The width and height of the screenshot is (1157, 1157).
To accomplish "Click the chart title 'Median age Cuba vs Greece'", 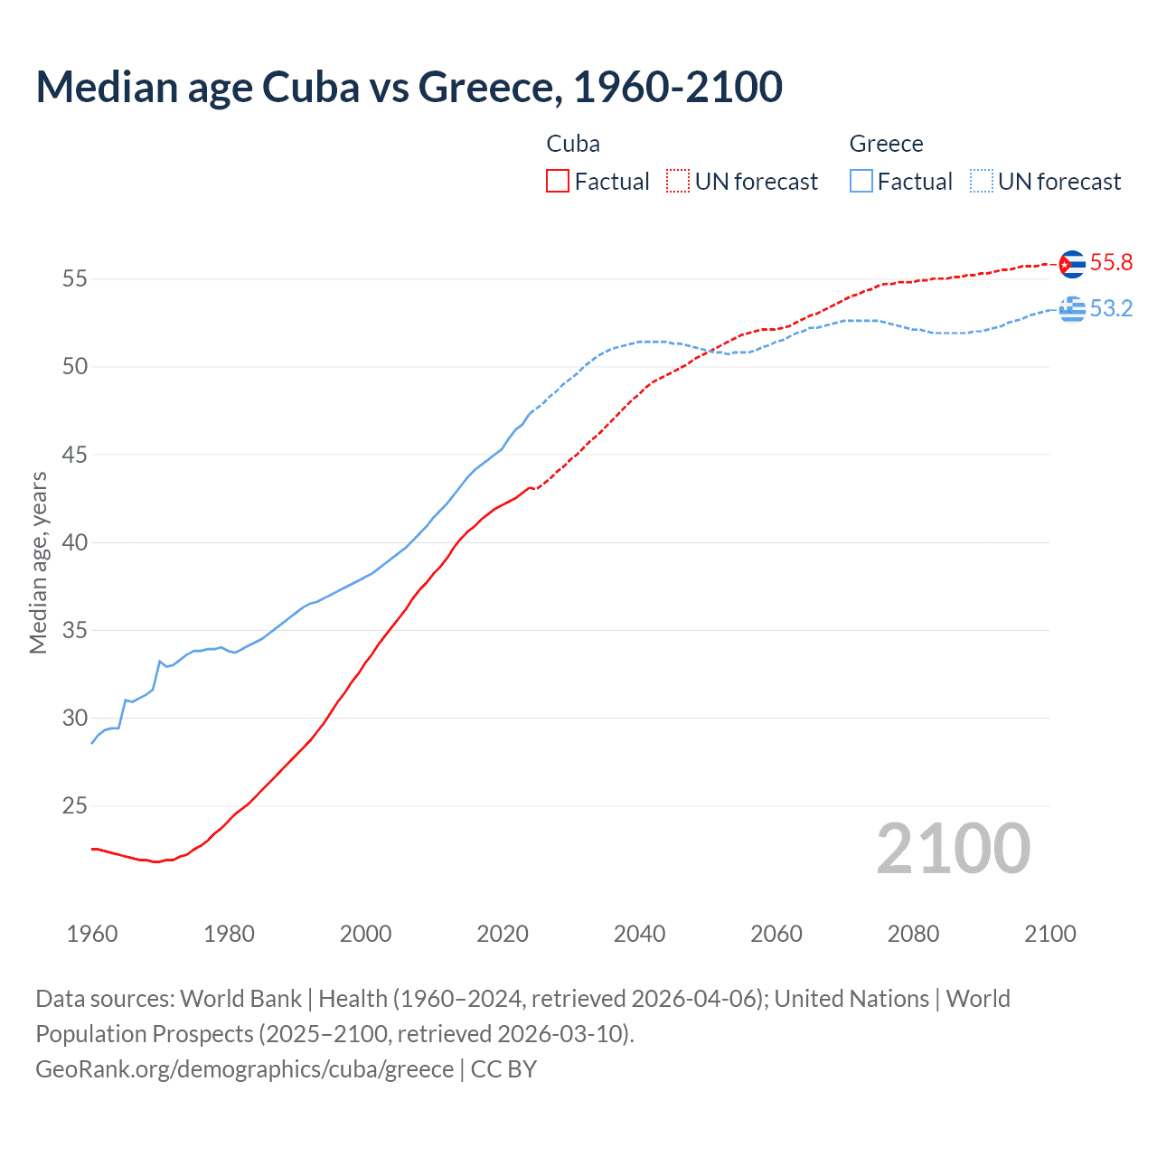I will coord(409,87).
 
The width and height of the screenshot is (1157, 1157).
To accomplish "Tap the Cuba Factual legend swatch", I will coord(558,182).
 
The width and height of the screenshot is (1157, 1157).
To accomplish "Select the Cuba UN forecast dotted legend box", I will coord(678,182).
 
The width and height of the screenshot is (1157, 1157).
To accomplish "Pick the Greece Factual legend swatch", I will coord(861,182).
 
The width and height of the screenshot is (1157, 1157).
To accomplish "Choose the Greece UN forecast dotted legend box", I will coord(981,182).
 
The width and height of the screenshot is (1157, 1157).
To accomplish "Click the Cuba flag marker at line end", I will coord(1071,264).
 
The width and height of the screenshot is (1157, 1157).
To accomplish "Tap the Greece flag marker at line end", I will coord(1072,309).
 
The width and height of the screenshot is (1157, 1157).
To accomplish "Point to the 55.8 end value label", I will coord(1111,263).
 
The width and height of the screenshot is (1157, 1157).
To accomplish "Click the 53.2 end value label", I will coord(1111,309).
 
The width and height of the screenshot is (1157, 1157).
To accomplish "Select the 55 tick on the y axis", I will coord(74,279).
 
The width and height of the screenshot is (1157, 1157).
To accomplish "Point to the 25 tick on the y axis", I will coord(74,806).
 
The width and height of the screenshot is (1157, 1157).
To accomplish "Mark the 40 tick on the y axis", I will coord(74,543).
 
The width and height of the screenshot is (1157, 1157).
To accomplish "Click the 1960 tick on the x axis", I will coord(92,935).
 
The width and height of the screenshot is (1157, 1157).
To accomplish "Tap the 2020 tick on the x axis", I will coord(503,935).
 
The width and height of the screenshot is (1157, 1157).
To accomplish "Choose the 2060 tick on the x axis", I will coord(776,935).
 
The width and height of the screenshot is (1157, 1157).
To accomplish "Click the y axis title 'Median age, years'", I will coord(38,562).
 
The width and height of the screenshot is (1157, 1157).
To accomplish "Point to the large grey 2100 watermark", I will coord(953,849).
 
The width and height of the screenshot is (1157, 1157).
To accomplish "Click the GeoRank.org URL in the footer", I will coord(244,1069).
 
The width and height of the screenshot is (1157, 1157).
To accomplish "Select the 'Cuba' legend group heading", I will coord(573,144).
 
